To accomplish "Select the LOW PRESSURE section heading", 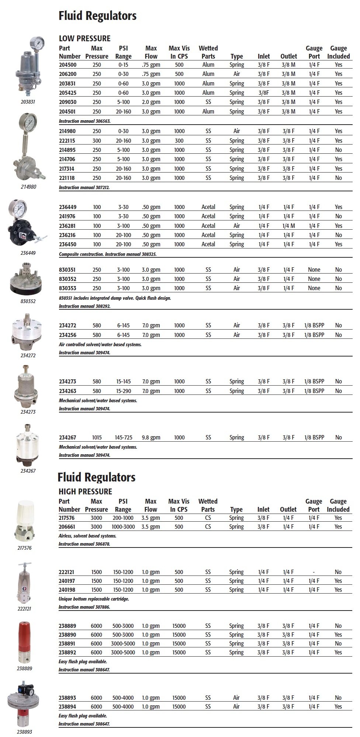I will click(84, 38).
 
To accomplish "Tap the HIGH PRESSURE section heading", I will click(85, 491).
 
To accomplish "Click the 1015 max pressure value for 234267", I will click(96, 438).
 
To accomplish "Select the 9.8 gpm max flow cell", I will click(151, 438).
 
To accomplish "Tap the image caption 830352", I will click(28, 301).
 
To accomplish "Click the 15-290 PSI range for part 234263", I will click(123, 391).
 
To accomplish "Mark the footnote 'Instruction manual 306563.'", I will click(85, 121).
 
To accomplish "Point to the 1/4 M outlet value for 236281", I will click(288, 226).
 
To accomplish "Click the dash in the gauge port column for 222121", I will click(314, 572).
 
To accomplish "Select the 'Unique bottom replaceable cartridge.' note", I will click(94, 599).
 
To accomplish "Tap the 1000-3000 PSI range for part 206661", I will click(123, 527).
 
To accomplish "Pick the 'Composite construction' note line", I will click(110, 254).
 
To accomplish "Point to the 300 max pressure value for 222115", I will click(97, 141).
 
